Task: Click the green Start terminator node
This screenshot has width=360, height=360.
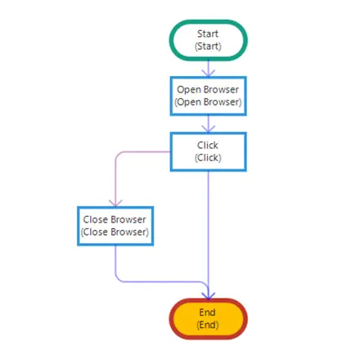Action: point(209,40)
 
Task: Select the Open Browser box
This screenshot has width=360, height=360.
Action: point(209,96)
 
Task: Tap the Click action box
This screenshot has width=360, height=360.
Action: point(209,151)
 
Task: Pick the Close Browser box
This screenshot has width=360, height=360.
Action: point(115,226)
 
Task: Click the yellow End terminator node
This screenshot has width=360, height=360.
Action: point(209,319)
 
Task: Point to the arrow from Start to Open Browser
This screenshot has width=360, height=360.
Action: point(209,68)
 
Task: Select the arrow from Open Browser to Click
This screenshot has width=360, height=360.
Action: point(209,124)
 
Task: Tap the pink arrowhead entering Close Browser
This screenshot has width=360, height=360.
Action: point(115,204)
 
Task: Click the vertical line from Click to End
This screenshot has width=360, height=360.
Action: point(209,235)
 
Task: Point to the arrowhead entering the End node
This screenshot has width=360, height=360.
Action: point(209,296)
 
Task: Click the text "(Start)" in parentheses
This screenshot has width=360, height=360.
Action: point(208,47)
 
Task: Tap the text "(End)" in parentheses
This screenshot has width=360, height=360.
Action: point(208,325)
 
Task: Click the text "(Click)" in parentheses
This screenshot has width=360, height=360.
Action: point(208,158)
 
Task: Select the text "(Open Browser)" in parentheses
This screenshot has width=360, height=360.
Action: point(208,102)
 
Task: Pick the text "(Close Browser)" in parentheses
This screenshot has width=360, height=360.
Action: point(115,232)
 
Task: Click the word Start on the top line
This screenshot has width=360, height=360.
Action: point(208,34)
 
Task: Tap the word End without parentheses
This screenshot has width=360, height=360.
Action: point(207,313)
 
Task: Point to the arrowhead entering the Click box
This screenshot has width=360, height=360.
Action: point(209,129)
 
